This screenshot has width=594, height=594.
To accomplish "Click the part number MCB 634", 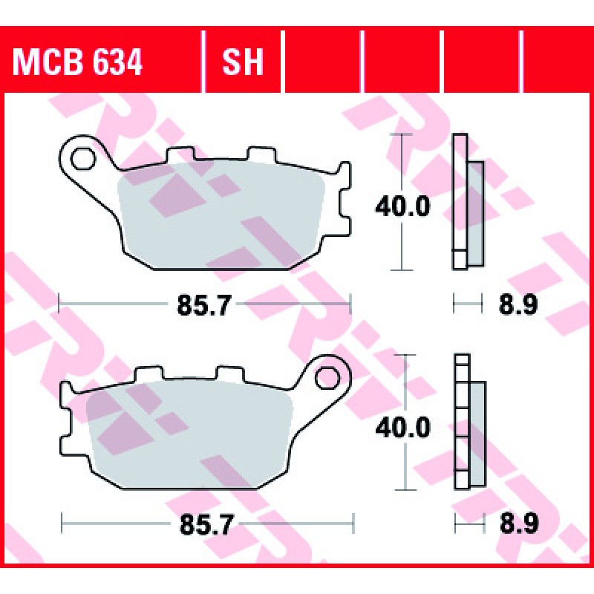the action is click(77, 62).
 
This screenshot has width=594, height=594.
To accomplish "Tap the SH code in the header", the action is click(243, 62).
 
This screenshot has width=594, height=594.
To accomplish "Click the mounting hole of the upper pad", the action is click(83, 158).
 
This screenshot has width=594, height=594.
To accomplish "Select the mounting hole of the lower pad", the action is click(327, 378).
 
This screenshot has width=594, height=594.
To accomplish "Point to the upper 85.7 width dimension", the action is click(204, 304).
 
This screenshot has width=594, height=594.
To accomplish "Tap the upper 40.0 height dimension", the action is click(402, 206).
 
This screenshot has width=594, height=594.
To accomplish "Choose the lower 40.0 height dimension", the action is click(402, 428).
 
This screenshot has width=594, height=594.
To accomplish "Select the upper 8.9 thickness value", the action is click(518, 304).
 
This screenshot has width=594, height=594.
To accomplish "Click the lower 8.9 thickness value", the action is click(519, 525).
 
